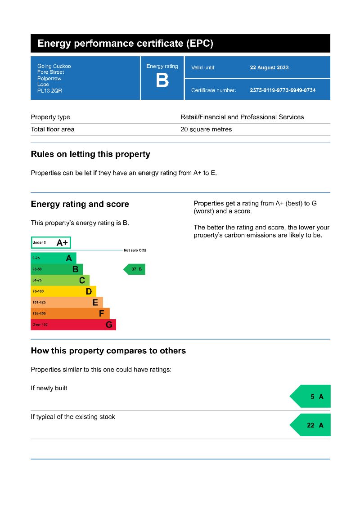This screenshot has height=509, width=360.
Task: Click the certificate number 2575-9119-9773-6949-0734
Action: [283, 90]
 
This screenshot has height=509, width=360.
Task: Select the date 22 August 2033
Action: [269, 68]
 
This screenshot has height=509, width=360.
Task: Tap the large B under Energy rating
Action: [162, 81]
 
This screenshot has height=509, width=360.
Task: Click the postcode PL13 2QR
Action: [49, 91]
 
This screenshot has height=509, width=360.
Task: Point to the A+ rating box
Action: [51, 243]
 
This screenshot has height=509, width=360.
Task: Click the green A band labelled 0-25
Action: [53, 258]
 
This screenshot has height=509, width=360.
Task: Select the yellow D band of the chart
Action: [63, 291]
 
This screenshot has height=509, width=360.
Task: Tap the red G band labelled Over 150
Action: [73, 325]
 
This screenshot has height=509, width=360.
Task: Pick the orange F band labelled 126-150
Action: [70, 313]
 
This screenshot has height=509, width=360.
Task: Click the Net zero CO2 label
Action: [135, 250]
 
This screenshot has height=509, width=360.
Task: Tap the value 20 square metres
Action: [206, 129]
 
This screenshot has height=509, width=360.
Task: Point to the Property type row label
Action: [50, 117]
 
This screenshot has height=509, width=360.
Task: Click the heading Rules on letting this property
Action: [90, 154]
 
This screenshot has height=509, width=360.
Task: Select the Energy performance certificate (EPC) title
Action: [125, 44]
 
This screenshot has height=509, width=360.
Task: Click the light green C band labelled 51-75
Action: [60, 281]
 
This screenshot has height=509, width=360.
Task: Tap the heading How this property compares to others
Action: [108, 351]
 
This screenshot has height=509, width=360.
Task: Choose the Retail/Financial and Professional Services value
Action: [242, 117]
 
